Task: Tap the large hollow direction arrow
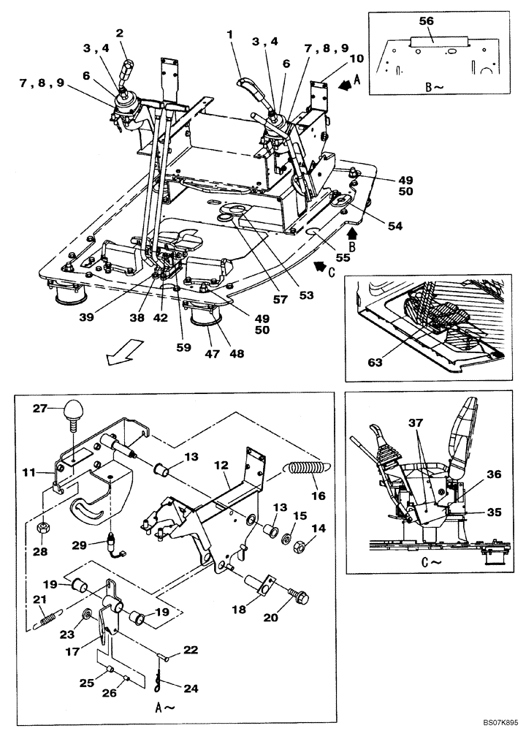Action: (x=119, y=355)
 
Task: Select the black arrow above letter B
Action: (x=353, y=234)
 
